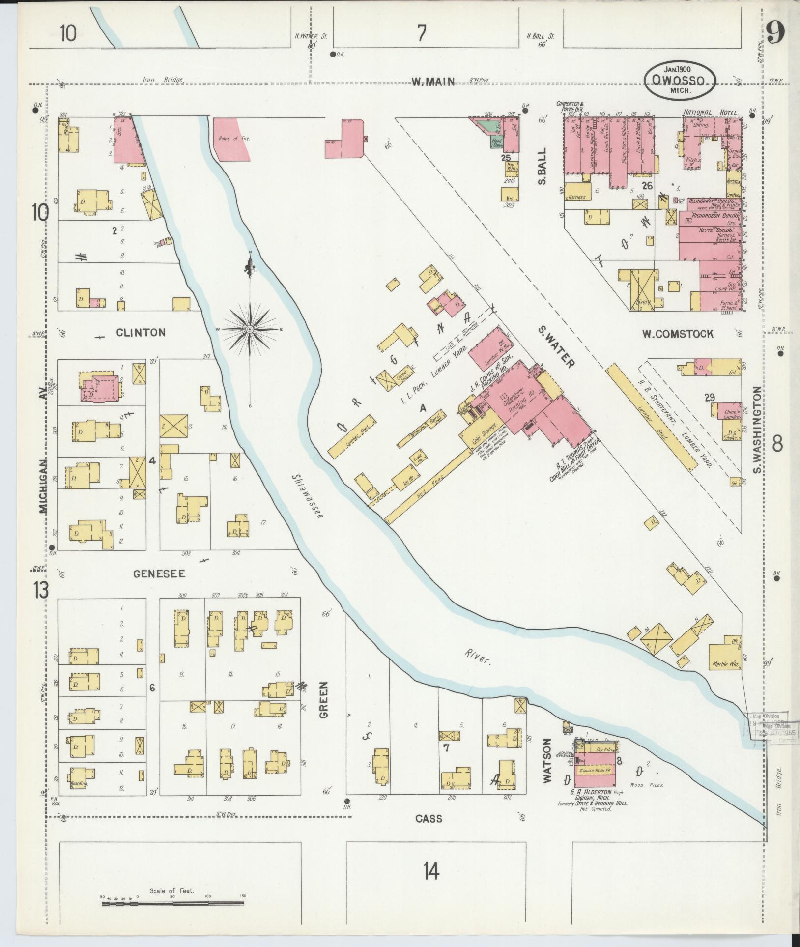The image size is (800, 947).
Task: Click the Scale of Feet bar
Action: click(x=172, y=902)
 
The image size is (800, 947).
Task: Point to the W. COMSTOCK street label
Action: click(x=678, y=334)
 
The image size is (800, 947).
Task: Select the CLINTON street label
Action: click(x=141, y=333)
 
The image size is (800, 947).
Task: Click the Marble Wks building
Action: click(x=725, y=664)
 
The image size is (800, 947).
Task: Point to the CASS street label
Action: click(x=429, y=818)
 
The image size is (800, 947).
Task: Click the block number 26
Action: click(x=647, y=186)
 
